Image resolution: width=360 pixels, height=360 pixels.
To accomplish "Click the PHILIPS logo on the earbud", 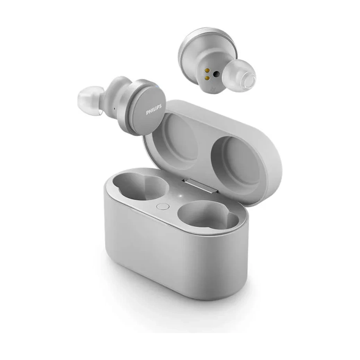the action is click(x=154, y=109).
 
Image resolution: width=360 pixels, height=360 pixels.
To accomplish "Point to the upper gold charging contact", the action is click(x=208, y=70).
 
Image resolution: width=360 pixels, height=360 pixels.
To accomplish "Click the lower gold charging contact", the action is click(x=207, y=78).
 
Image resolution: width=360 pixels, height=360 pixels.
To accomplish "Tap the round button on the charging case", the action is click(x=163, y=207).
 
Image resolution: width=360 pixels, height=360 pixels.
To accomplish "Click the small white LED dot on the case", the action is click(x=180, y=196).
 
